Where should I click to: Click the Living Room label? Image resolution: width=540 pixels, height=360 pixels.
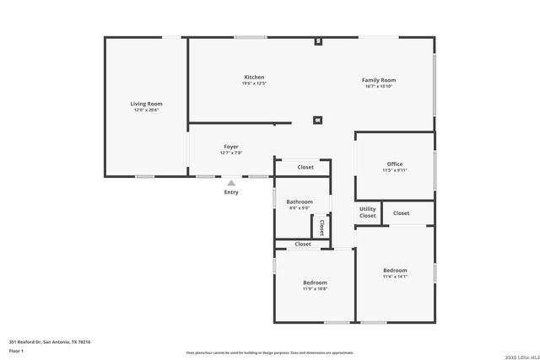click(x=146, y=104)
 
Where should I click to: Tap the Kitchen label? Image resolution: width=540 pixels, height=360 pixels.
click(x=254, y=77)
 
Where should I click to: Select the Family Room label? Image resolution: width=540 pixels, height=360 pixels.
click(x=380, y=80)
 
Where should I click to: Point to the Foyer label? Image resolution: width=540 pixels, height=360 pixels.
click(x=231, y=147)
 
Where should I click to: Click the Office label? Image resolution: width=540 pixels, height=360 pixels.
click(x=395, y=164)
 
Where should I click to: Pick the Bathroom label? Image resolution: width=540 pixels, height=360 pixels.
click(x=300, y=201)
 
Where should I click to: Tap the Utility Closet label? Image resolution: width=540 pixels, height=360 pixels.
click(x=368, y=212)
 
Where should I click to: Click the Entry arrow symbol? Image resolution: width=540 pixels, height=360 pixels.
click(x=231, y=181)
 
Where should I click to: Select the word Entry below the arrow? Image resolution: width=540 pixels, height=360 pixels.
click(x=231, y=192)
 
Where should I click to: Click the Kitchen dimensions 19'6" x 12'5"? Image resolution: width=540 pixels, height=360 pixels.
click(x=254, y=83)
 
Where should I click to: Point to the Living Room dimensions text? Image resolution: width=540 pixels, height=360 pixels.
click(x=146, y=110)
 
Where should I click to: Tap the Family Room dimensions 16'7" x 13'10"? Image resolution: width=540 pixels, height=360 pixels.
click(x=380, y=87)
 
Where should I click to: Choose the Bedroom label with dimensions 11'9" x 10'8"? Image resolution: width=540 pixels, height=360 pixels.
click(x=316, y=282)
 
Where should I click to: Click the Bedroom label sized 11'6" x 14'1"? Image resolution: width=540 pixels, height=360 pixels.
click(x=395, y=270)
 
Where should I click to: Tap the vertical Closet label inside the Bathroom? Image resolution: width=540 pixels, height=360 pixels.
click(x=321, y=227)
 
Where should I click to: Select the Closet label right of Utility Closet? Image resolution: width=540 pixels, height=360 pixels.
click(x=402, y=213)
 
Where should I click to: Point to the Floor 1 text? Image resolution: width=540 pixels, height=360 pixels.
click(x=15, y=350)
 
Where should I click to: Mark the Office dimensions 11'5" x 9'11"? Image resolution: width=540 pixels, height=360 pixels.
click(x=395, y=170)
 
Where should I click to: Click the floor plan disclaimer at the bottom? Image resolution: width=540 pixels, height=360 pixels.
click(x=270, y=353)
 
